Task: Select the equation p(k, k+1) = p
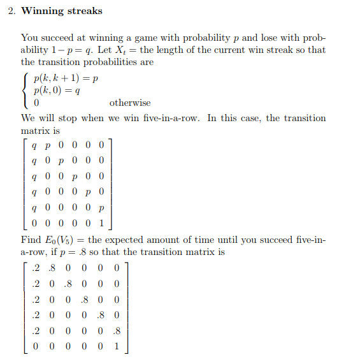[66, 78]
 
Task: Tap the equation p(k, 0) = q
[57, 91]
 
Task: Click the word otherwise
[130, 103]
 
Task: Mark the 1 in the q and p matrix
[101, 224]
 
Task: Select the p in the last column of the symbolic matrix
[101, 208]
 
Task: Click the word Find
[31, 240]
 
